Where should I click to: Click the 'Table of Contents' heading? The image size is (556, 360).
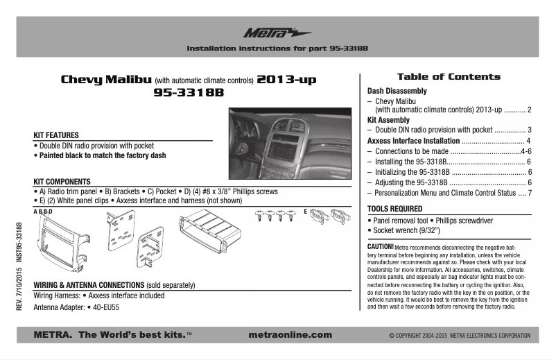(448, 77)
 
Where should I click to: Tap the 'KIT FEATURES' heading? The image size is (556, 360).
(56, 135)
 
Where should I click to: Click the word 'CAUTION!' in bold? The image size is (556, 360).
(381, 246)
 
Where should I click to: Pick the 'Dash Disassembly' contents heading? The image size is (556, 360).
(397, 91)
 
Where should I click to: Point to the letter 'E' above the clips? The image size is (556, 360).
(305, 209)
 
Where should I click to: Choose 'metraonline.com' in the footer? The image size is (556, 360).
(289, 335)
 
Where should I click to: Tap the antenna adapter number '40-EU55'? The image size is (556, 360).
(107, 307)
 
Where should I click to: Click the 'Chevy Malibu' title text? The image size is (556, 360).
(101, 80)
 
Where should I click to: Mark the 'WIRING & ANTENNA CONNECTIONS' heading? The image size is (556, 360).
(88, 285)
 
